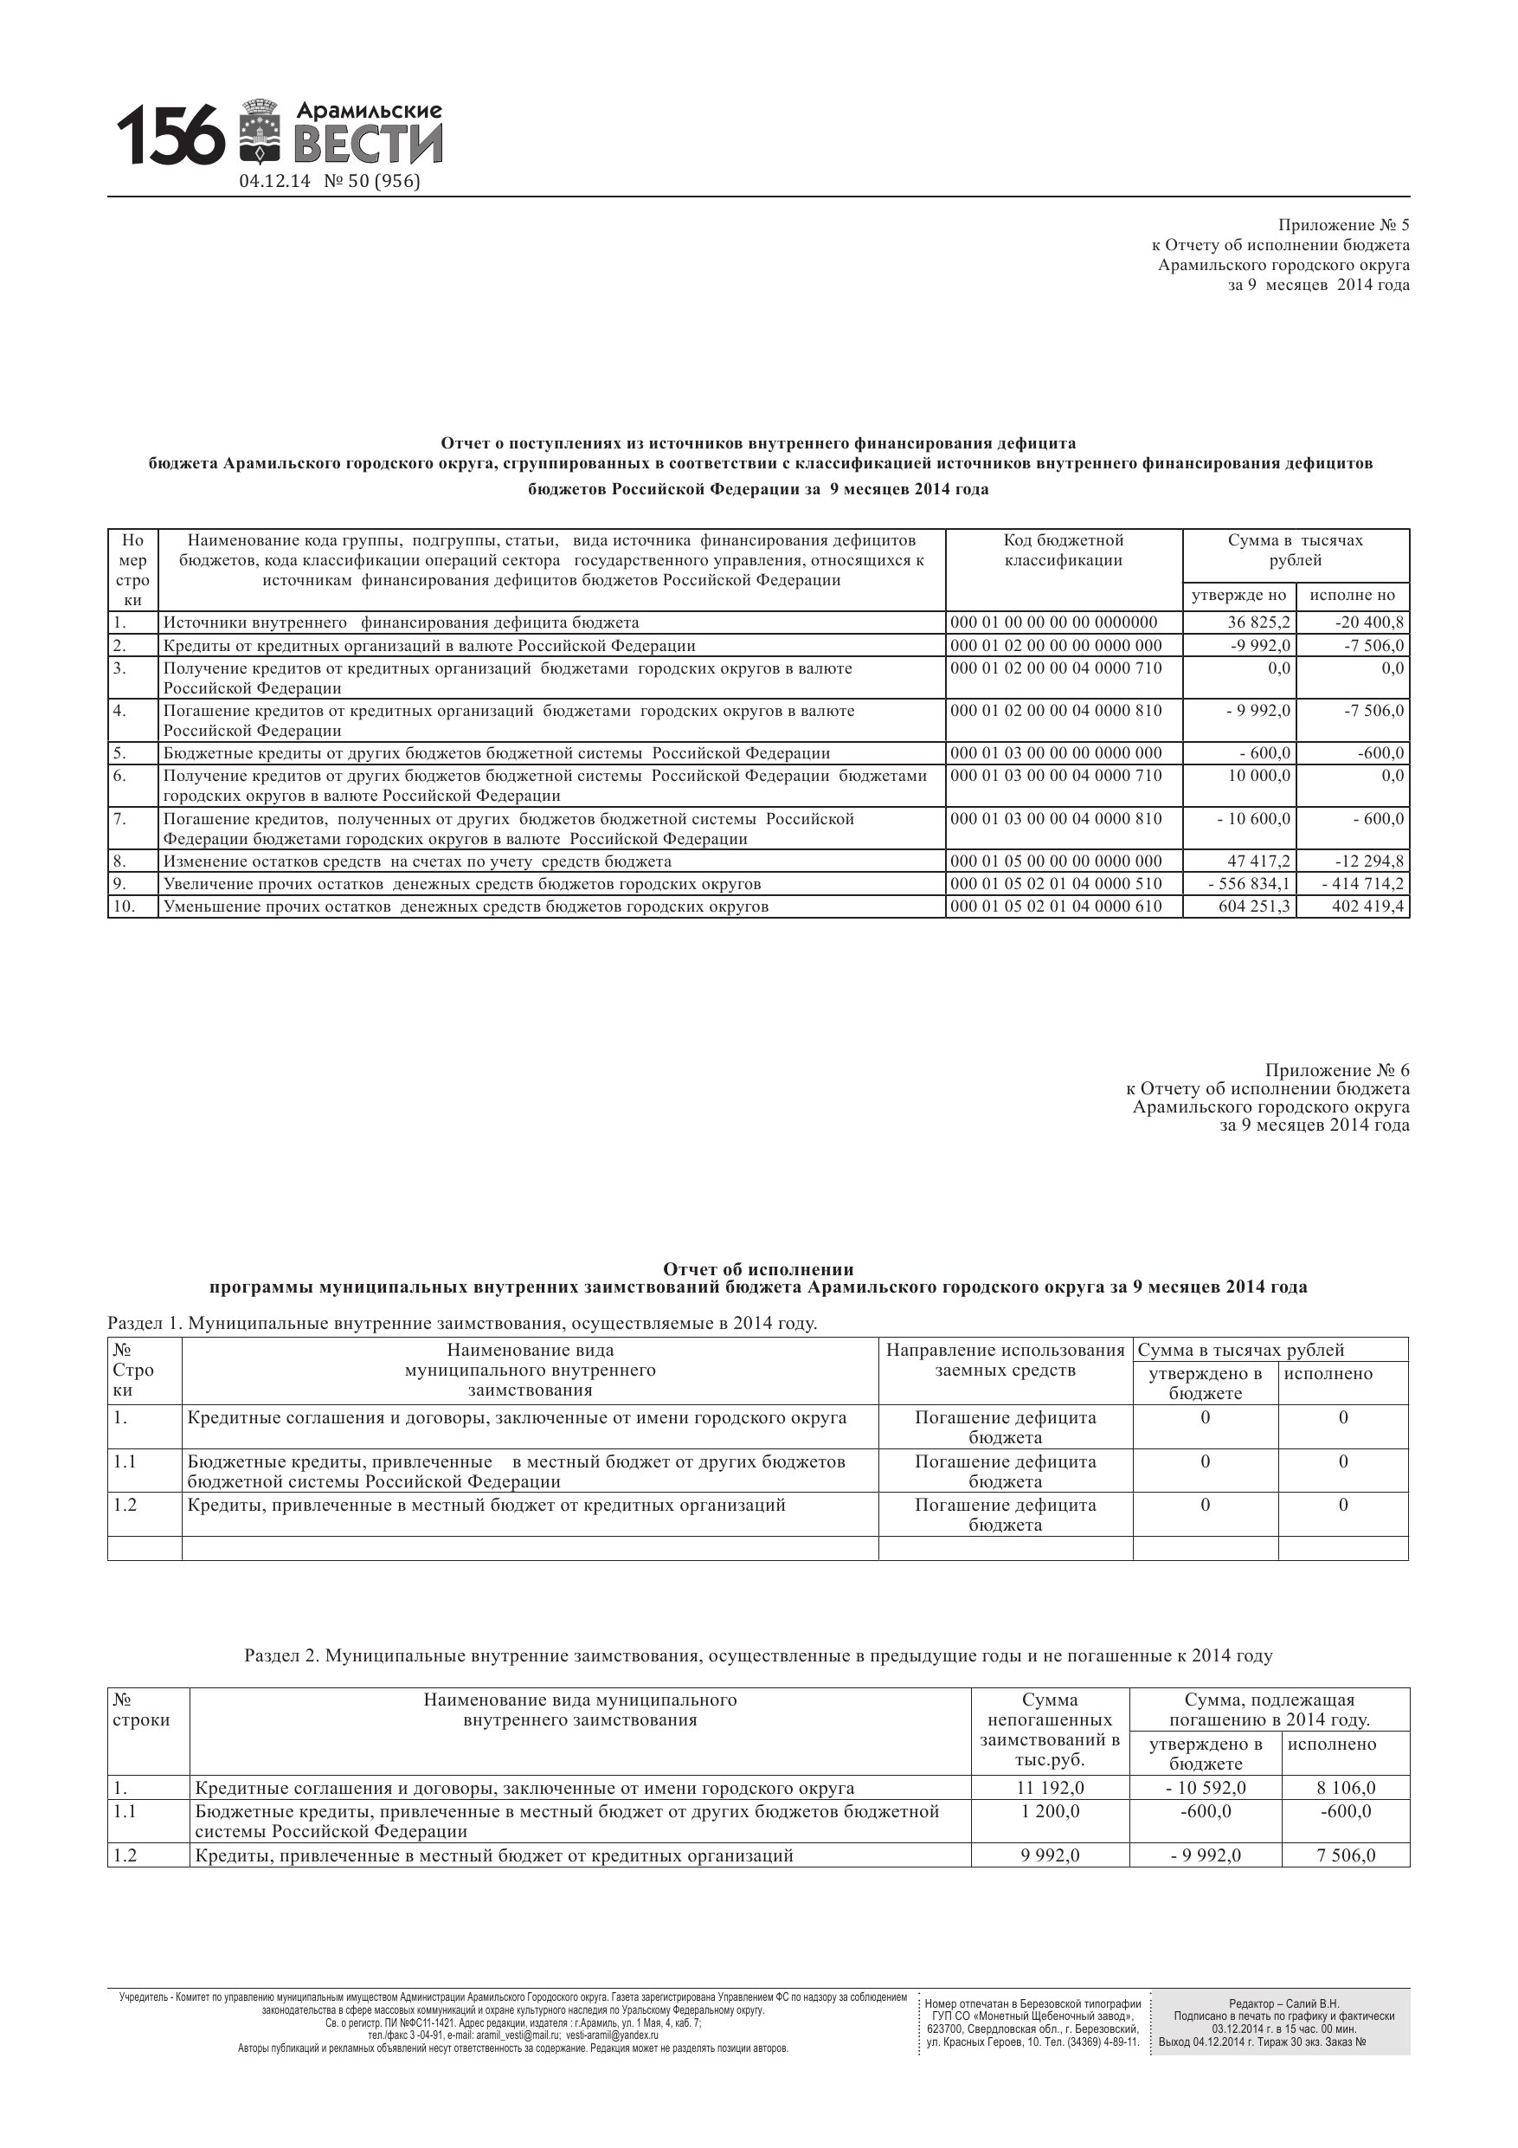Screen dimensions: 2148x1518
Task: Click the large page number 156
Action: click(x=171, y=135)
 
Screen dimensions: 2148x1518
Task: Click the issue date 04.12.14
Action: click(x=274, y=182)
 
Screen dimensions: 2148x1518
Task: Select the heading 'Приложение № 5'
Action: click(x=1343, y=225)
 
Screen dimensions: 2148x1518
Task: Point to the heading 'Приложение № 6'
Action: click(x=1336, y=1070)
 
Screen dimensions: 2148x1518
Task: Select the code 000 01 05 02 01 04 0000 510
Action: click(x=1056, y=883)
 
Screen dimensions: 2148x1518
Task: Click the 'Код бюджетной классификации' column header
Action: click(x=1064, y=550)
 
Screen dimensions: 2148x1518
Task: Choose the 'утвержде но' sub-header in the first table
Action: click(x=1238, y=595)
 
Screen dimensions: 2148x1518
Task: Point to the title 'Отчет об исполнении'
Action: click(x=757, y=1268)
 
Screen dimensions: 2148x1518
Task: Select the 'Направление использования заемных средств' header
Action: click(x=1006, y=1360)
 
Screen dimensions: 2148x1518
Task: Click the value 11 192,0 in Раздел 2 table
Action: click(x=1050, y=1788)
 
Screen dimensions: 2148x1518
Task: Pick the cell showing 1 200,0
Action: click(x=1050, y=1811)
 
